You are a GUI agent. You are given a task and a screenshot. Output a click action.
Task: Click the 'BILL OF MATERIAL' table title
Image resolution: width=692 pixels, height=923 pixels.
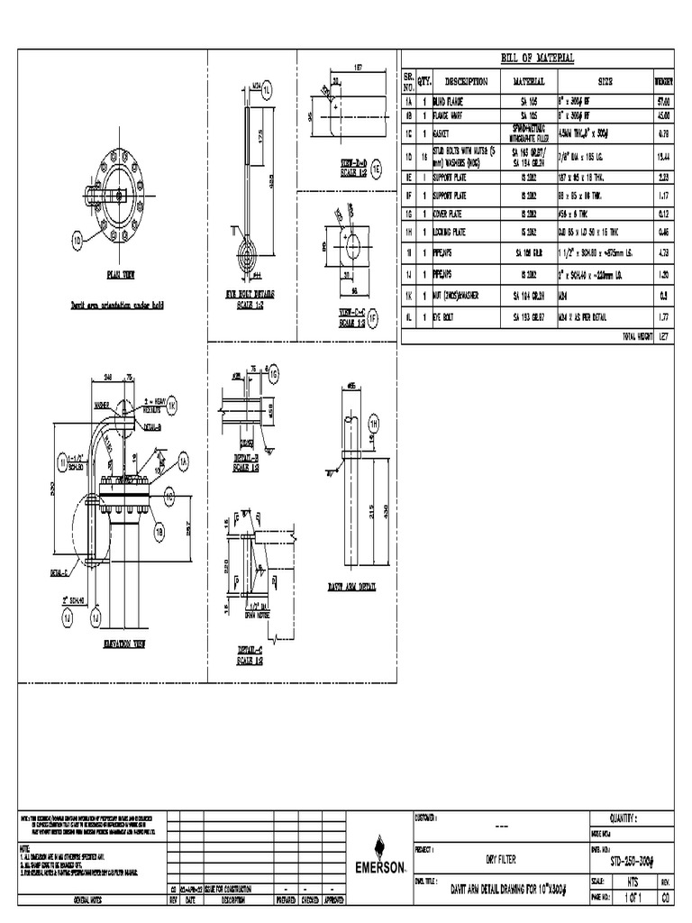click(537, 59)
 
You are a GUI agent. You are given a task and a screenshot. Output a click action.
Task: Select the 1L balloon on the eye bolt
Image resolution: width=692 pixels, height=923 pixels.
click(266, 88)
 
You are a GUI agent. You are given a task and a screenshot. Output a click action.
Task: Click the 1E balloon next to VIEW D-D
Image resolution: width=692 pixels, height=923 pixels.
click(377, 169)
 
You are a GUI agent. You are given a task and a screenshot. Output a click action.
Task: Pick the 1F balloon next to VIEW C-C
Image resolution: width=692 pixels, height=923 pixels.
click(376, 317)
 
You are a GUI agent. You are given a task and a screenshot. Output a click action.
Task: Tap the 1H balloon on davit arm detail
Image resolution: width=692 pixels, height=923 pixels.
click(374, 423)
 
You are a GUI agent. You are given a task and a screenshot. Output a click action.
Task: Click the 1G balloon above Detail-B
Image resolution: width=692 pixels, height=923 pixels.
click(274, 372)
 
